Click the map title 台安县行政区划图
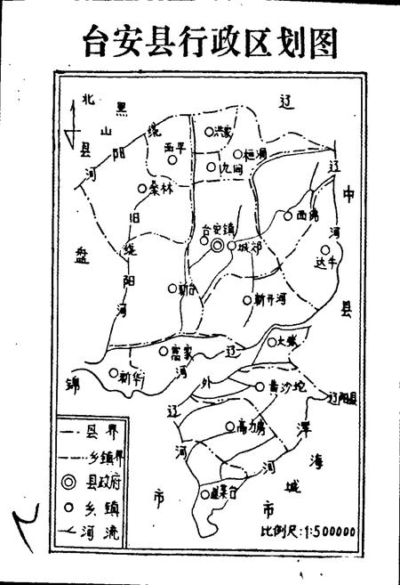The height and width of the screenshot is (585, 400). pyautogui.click(x=199, y=39)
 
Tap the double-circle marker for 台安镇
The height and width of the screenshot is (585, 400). pyautogui.click(x=217, y=248)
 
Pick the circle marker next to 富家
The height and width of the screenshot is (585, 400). pyautogui.click(x=164, y=352)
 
